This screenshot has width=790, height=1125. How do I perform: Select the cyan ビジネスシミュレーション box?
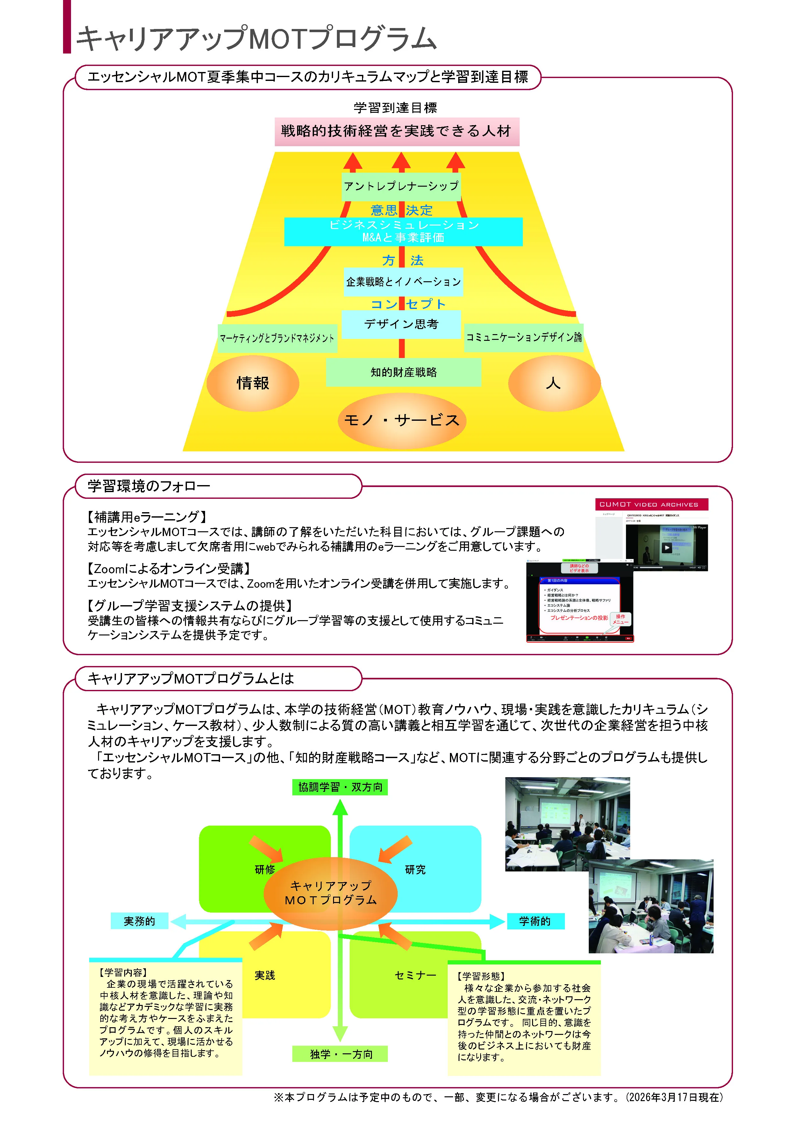point(403,231)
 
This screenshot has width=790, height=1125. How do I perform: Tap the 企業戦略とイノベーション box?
point(403,282)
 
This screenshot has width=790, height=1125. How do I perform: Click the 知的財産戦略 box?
point(403,372)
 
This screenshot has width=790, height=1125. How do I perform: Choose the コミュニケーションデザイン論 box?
point(523,337)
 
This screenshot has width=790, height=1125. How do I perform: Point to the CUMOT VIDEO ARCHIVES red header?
point(651,504)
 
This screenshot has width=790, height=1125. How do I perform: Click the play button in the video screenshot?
point(666,547)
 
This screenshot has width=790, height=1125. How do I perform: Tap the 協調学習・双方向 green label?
point(340,787)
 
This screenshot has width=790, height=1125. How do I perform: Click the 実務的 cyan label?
point(139,921)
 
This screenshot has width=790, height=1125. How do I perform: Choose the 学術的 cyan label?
point(535,921)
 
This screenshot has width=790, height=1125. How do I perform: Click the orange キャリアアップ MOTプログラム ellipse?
point(331,893)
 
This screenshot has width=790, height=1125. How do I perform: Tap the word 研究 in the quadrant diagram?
point(415,870)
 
